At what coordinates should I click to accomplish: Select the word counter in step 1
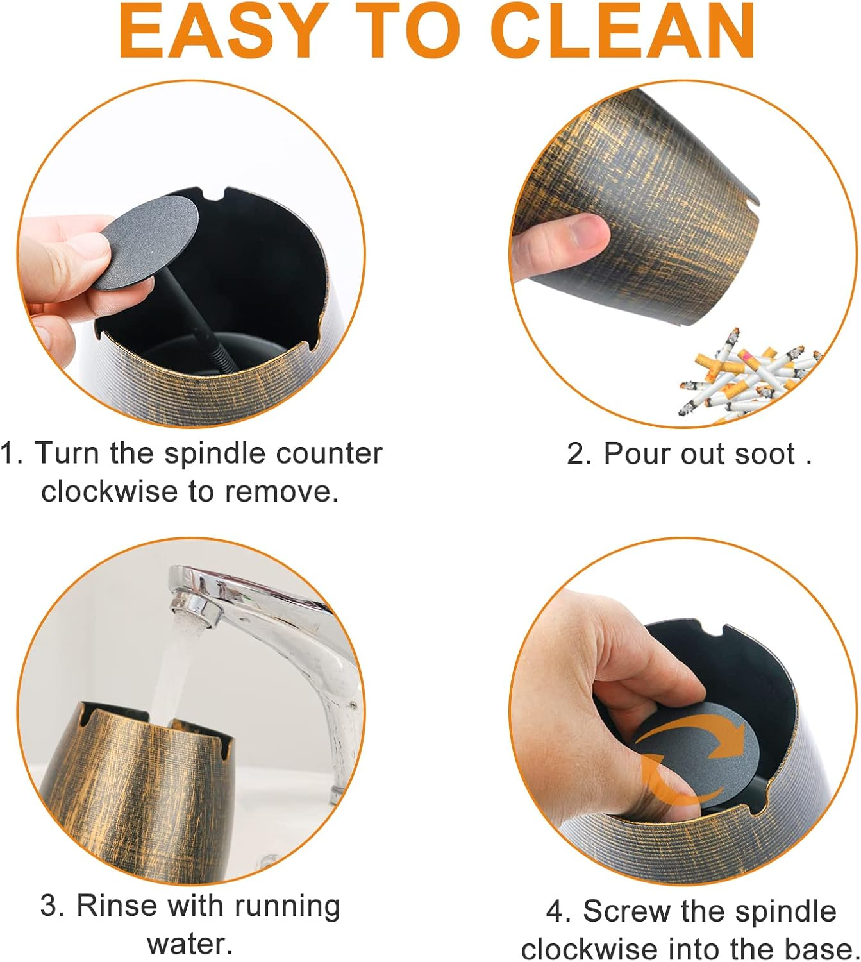click(x=329, y=454)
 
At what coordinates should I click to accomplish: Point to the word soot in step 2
click(x=765, y=454)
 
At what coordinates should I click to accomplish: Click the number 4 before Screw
click(x=554, y=912)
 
